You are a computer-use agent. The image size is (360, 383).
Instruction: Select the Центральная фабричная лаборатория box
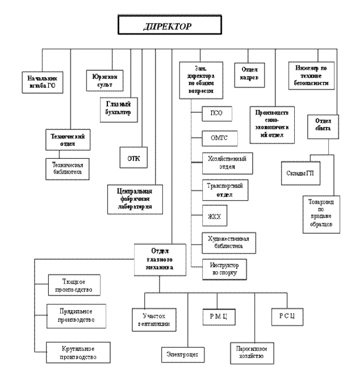pyautogui.click(x=135, y=199)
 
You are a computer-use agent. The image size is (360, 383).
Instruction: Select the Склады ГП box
pyautogui.click(x=300, y=173)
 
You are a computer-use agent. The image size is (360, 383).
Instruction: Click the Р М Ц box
pyautogui.click(x=218, y=315)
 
